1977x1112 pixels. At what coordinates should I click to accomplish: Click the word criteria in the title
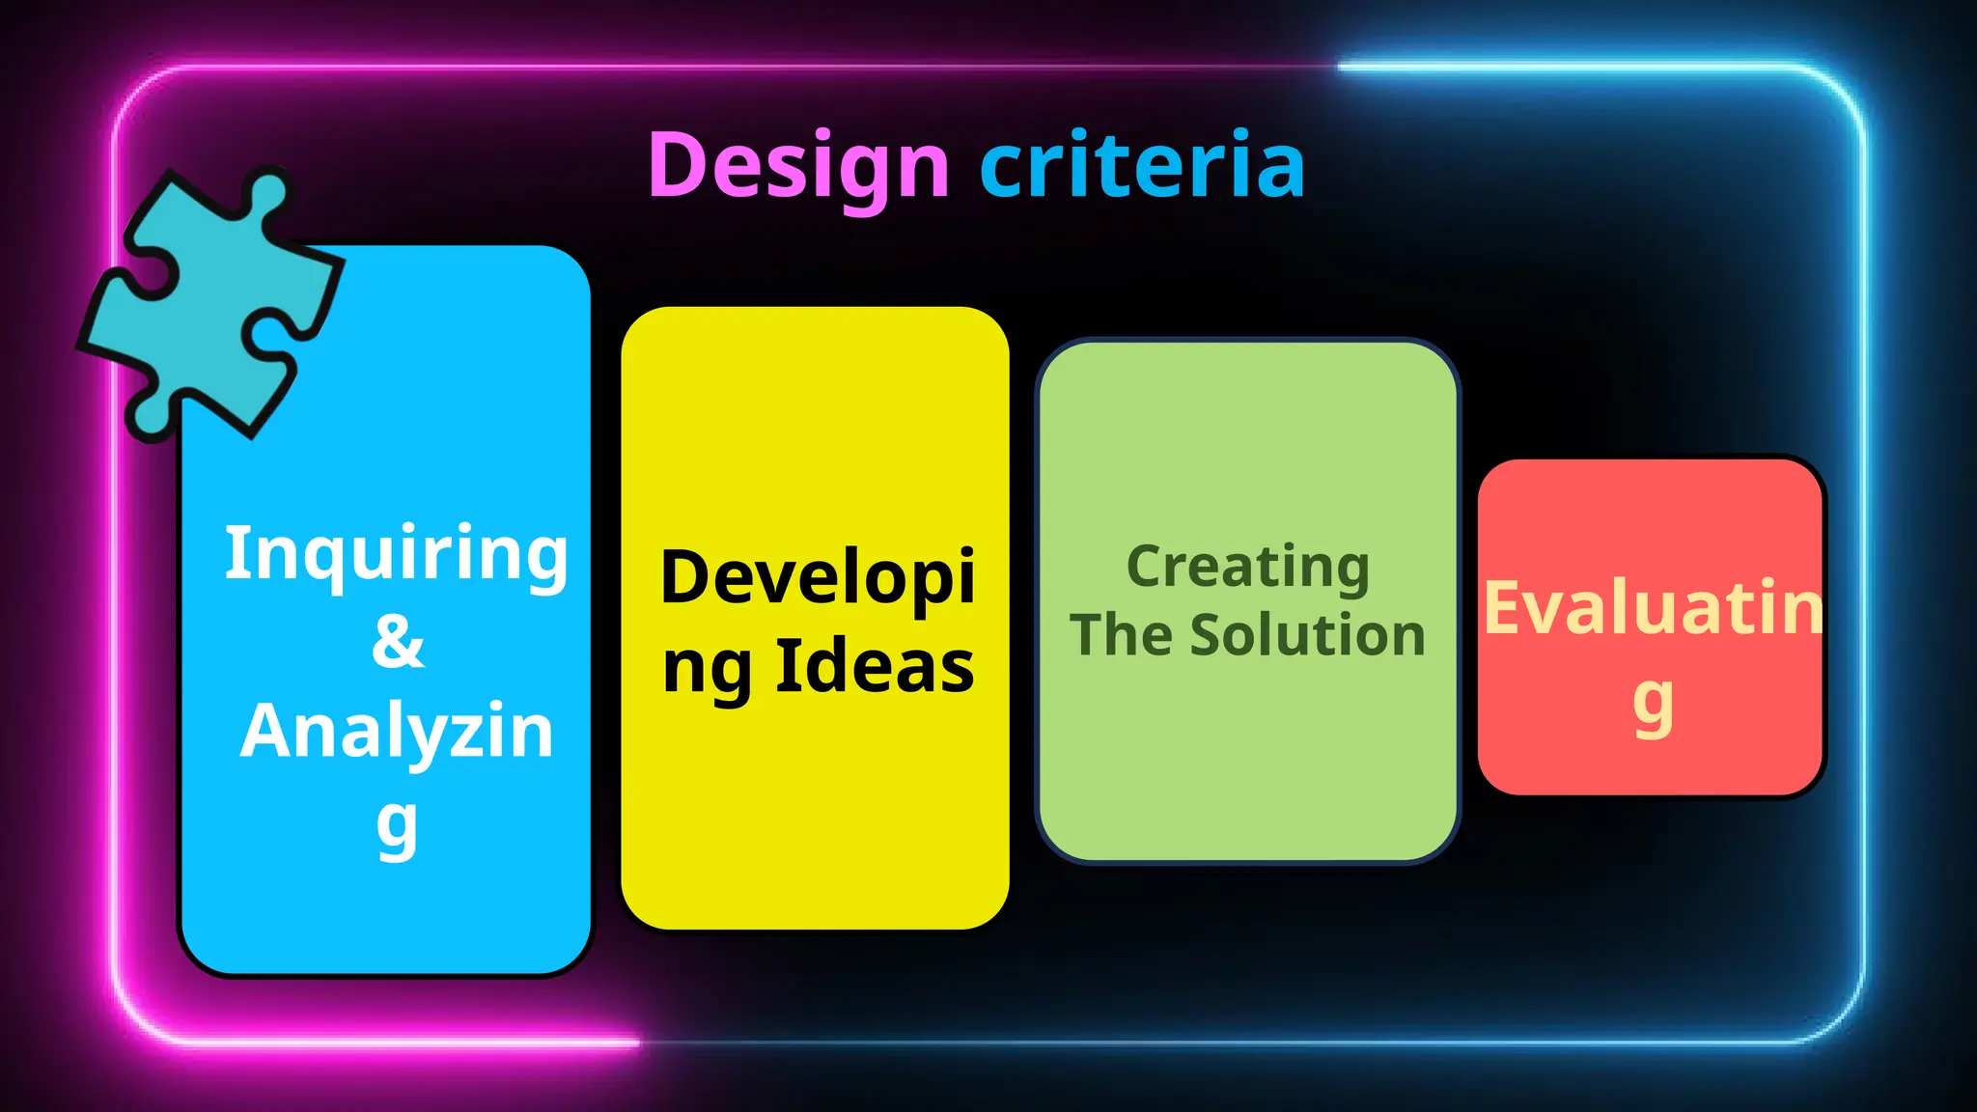1142,166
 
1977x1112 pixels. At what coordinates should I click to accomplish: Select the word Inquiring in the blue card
396,555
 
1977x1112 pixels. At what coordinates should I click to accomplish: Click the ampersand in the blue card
397,641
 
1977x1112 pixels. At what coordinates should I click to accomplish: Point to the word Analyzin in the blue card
397,731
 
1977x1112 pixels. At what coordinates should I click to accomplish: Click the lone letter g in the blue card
397,826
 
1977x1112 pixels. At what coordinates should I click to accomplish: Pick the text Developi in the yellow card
818,578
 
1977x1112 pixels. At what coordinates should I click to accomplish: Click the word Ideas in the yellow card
875,666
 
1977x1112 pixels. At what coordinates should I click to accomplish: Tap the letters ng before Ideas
707,668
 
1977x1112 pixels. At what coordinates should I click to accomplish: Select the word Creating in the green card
1247,568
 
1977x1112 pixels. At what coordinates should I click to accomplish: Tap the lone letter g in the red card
1653,705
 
